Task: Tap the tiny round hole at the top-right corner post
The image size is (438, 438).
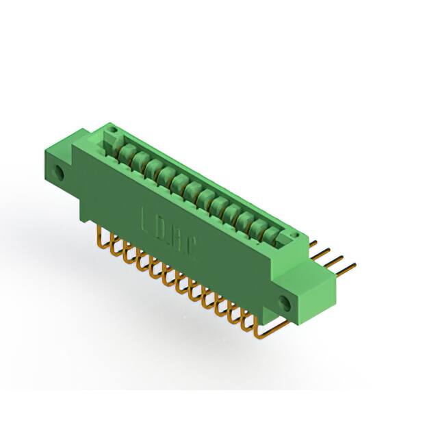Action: (296, 235)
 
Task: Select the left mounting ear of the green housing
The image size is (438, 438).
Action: (64, 164)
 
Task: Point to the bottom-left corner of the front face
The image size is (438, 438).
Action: (84, 220)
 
